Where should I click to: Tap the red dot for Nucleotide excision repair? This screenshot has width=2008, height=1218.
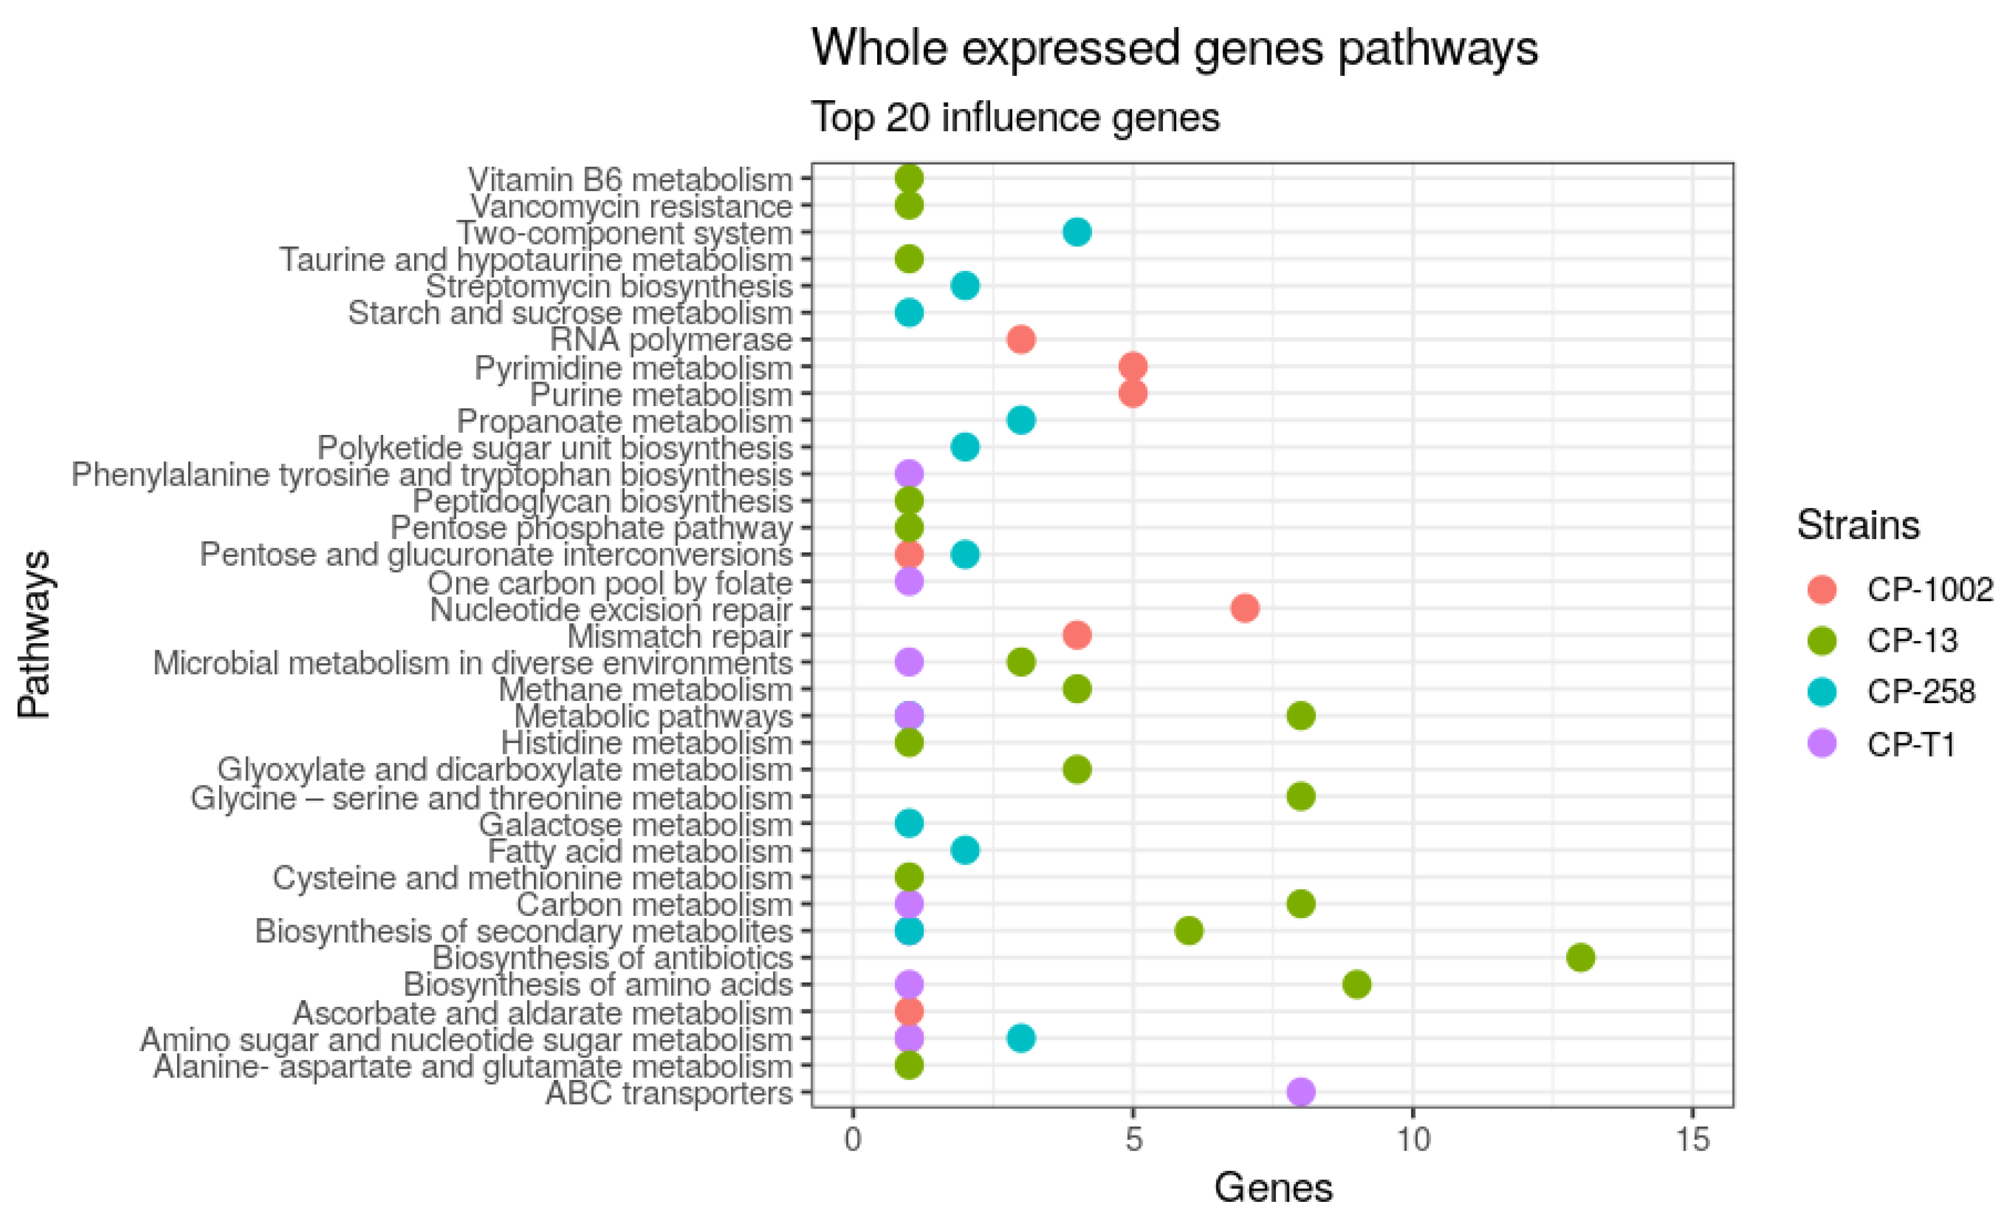point(1244,608)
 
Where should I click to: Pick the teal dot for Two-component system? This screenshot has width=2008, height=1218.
point(1077,232)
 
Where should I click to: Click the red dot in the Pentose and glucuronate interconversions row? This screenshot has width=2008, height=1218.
point(909,555)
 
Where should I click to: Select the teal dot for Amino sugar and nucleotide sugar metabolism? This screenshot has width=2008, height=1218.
point(1020,1038)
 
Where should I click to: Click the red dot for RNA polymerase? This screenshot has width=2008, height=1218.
point(1020,339)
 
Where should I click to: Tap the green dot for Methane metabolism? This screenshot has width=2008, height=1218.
point(1077,689)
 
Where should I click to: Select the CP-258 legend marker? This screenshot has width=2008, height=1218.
point(1822,692)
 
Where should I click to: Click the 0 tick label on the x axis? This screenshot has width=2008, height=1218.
point(852,1140)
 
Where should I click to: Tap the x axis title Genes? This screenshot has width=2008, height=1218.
point(1273,1188)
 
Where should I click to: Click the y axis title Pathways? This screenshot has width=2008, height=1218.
point(35,635)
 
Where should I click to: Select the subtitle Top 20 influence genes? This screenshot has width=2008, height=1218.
point(1015,117)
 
